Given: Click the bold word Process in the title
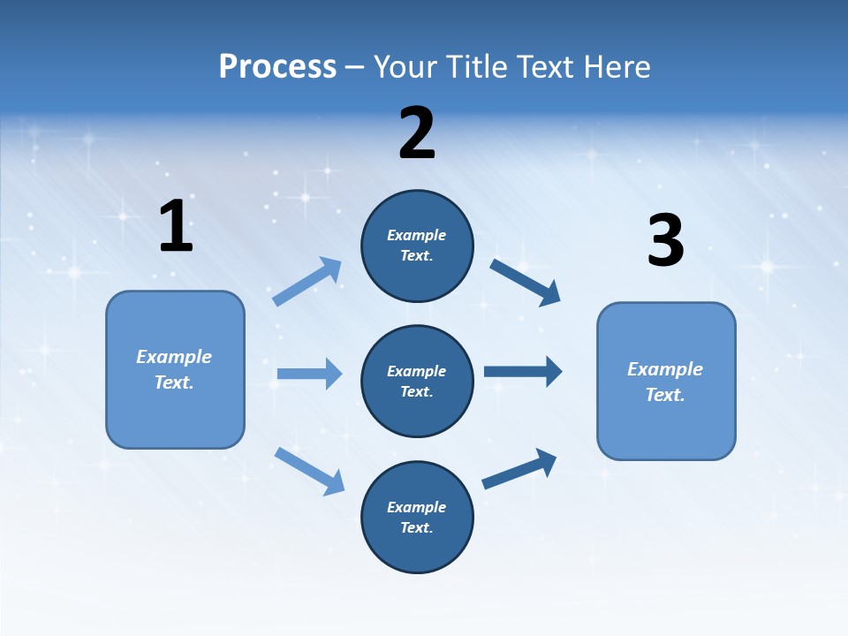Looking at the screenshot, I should pos(277,66).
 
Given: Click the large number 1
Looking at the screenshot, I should pos(176,227).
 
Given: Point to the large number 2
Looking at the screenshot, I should pos(417,133).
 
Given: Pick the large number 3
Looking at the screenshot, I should pos(665,241).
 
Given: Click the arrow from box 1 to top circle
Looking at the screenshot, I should pos(307,282).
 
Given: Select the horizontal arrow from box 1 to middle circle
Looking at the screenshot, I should pos(309,374).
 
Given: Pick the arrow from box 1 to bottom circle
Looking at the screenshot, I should pos(309,471).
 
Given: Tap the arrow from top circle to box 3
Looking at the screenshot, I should pos(526,282).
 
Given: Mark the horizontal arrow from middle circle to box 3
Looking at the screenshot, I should pos(523,371).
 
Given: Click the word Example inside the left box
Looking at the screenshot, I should pos(174,357).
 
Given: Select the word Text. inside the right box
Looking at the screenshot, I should pos(665,395).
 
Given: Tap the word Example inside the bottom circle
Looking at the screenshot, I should pos(417,507).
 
